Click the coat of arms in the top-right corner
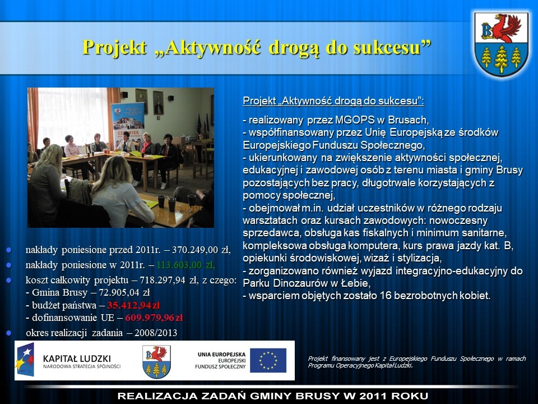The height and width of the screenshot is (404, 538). coord(501,44)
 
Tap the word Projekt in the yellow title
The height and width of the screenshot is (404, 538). coord(114,47)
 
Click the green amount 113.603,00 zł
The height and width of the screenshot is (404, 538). coord(185,265)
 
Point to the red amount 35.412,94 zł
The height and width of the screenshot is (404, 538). coord(133,305)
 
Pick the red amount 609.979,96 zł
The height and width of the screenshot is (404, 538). coord(154,318)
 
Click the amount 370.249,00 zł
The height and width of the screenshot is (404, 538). coord(201,250)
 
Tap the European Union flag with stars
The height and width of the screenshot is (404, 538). coord(268,360)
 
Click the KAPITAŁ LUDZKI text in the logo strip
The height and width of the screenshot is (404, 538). coord(77,359)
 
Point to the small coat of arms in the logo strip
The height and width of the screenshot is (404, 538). coord(156,362)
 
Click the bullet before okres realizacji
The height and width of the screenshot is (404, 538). coord(8,333)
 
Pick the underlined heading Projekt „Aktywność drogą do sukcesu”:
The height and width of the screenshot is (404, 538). coord(333,101)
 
